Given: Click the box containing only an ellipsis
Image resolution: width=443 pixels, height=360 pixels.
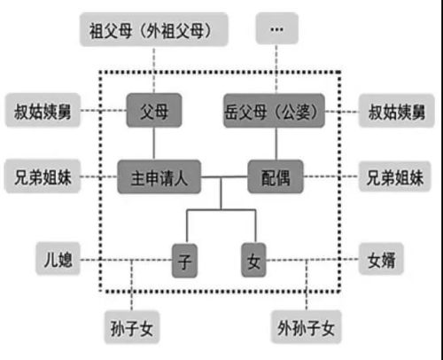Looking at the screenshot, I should [275, 30].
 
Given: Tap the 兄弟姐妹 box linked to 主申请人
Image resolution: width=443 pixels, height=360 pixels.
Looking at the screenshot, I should [41, 177].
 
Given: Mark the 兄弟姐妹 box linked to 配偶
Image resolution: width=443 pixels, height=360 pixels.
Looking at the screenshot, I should [398, 177].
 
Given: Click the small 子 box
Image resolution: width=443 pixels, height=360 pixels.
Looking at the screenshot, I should [185, 262].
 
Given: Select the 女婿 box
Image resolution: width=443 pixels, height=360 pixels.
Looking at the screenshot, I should [386, 262].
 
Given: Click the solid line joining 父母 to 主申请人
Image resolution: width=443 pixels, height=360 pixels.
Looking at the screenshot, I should [153, 144].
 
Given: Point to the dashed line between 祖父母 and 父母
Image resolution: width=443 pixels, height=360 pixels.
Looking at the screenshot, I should [153, 70].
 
